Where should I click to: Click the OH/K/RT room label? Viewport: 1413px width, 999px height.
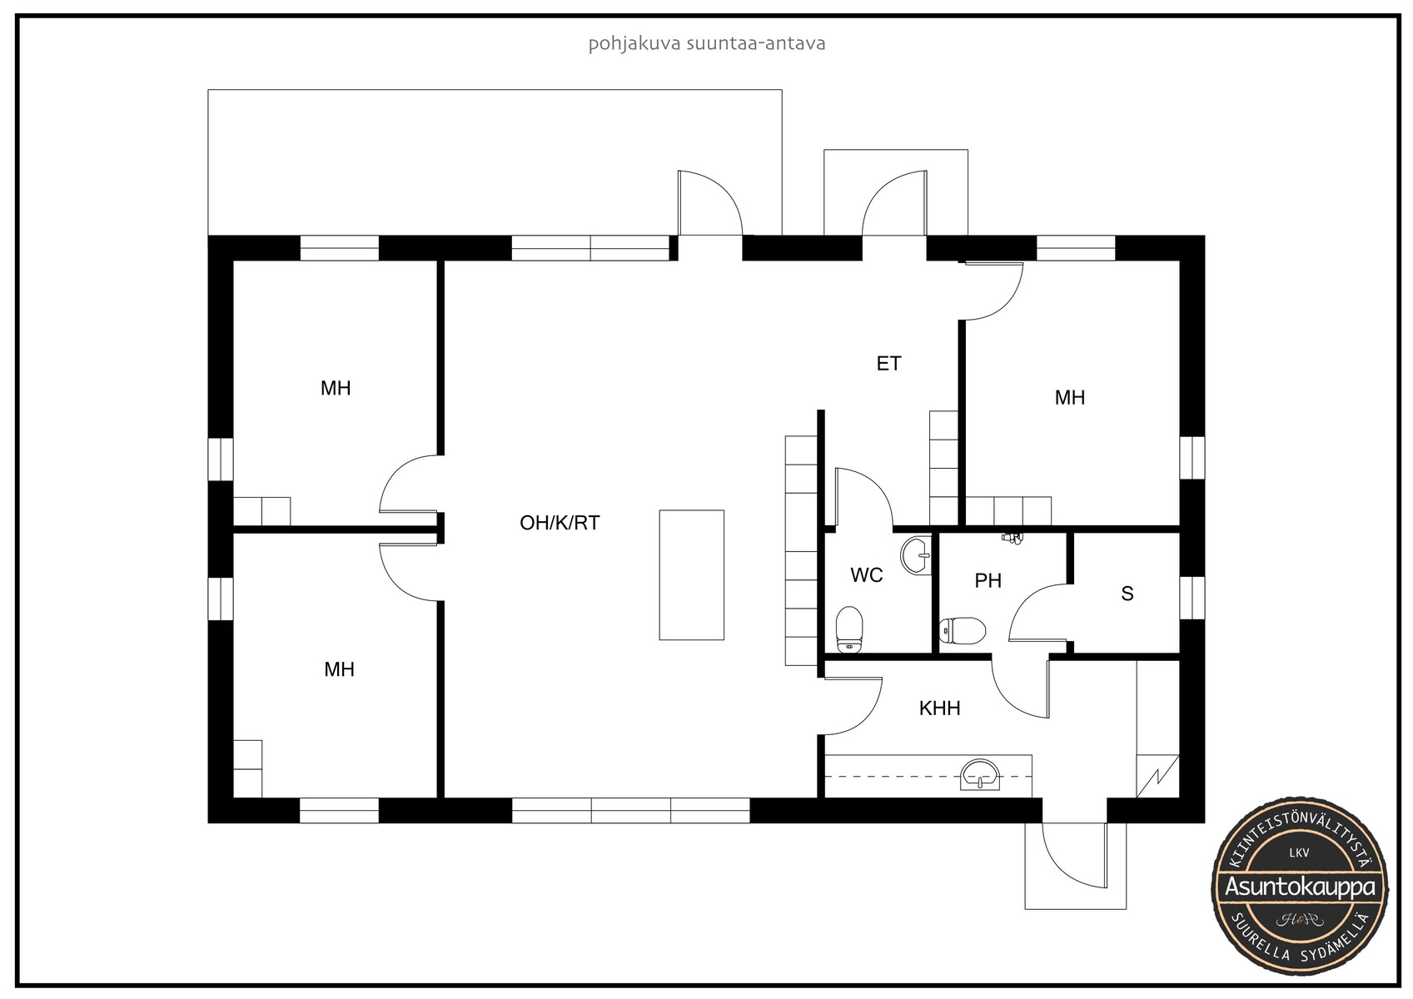pyautogui.click(x=560, y=523)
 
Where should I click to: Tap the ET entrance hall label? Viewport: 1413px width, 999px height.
pyautogui.click(x=888, y=363)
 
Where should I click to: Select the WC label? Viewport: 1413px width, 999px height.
pyautogui.click(x=867, y=575)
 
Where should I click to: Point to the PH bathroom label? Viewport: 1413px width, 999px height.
pyautogui.click(x=988, y=580)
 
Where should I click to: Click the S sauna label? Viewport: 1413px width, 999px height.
pyautogui.click(x=1127, y=594)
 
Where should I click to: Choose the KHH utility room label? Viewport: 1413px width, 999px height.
pyautogui.click(x=940, y=708)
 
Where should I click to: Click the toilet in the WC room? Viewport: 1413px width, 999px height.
pyautogui.click(x=849, y=629)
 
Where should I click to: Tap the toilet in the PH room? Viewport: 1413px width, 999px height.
pyautogui.click(x=962, y=630)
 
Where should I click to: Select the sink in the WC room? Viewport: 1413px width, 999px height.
pyautogui.click(x=916, y=555)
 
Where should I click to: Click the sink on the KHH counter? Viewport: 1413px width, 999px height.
pyautogui.click(x=980, y=774)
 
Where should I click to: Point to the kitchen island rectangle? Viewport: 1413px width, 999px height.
pyautogui.click(x=691, y=575)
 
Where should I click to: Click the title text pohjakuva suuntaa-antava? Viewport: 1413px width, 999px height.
pyautogui.click(x=706, y=43)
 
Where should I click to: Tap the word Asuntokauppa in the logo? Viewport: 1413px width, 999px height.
pyautogui.click(x=1300, y=887)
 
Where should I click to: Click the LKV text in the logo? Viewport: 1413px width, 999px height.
pyautogui.click(x=1300, y=852)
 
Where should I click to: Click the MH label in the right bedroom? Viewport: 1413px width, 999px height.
pyautogui.click(x=1070, y=397)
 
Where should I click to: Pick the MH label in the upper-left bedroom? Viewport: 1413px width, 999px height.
pyautogui.click(x=336, y=388)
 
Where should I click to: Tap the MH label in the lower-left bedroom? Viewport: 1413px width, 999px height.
pyautogui.click(x=340, y=669)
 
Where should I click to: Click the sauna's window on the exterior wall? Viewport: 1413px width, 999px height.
pyautogui.click(x=1192, y=598)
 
